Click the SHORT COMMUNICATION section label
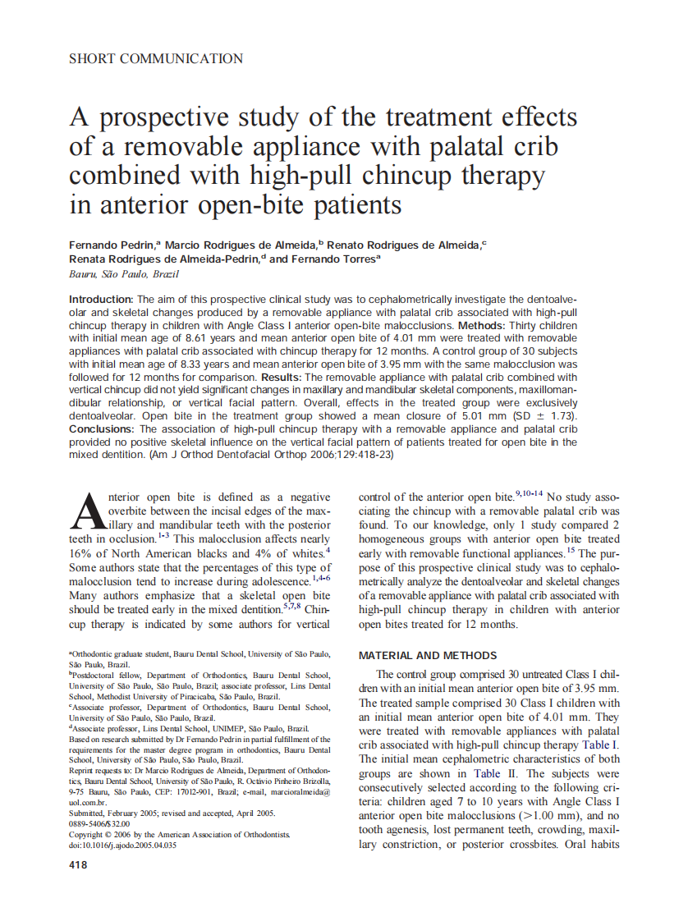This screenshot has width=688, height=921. [x=156, y=59]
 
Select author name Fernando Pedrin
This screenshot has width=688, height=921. [x=112, y=245]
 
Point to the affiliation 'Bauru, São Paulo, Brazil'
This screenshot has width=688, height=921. [x=123, y=273]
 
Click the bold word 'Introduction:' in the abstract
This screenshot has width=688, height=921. [x=101, y=300]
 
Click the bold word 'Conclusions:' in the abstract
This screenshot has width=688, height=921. [x=103, y=428]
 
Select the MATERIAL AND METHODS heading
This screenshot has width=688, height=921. [x=428, y=656]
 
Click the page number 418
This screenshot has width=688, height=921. [x=79, y=864]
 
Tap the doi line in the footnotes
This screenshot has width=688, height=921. [x=122, y=845]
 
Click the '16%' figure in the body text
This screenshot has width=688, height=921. [x=81, y=553]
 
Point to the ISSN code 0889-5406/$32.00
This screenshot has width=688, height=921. [x=99, y=823]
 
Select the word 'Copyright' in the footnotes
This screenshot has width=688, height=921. [x=88, y=834]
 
